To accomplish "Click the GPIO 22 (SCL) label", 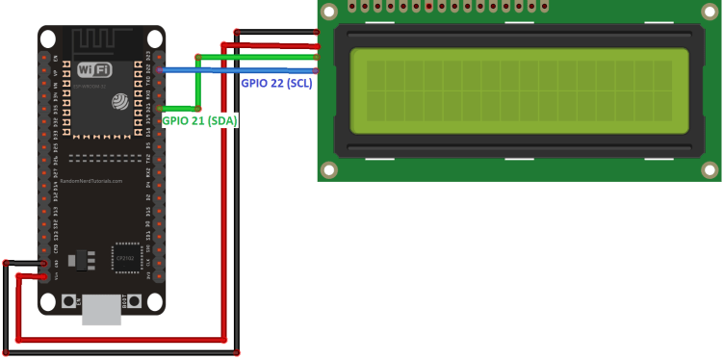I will (276, 84).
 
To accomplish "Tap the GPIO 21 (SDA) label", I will (199, 120).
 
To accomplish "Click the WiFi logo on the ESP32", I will (93, 70).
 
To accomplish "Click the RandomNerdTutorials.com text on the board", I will (91, 181).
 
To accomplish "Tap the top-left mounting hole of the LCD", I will (330, 12).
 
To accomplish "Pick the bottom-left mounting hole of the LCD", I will (330, 170).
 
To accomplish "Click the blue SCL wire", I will (241, 70).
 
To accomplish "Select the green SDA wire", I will (260, 58).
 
